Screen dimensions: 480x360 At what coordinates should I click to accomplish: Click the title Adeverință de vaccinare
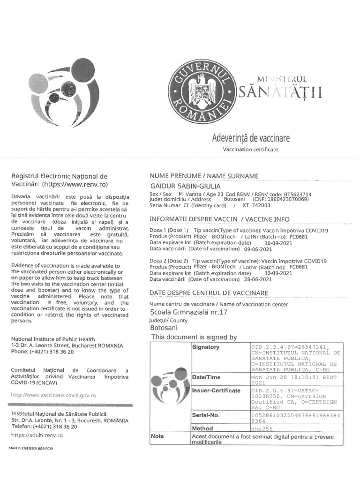click(x=251, y=138)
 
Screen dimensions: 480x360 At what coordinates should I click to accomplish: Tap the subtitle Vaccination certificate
click(x=250, y=150)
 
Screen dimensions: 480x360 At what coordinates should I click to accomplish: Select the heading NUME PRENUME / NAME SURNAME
click(x=204, y=176)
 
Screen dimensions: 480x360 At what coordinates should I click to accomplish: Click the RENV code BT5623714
click(x=295, y=194)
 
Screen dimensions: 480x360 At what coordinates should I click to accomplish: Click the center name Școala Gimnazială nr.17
click(x=188, y=313)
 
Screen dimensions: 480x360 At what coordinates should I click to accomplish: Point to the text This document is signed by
click(x=194, y=337)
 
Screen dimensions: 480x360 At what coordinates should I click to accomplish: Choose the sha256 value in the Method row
click(x=262, y=428)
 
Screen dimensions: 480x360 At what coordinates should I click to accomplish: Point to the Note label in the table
click(x=157, y=436)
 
